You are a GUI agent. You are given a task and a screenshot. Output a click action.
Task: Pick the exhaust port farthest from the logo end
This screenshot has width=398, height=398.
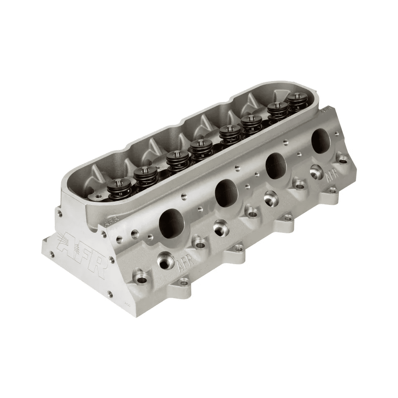(x=321, y=141)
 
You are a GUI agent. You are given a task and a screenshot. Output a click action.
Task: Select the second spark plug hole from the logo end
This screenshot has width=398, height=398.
(x=221, y=228)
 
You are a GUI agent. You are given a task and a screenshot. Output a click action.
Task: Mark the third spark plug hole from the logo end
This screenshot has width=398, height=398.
(x=272, y=199)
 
